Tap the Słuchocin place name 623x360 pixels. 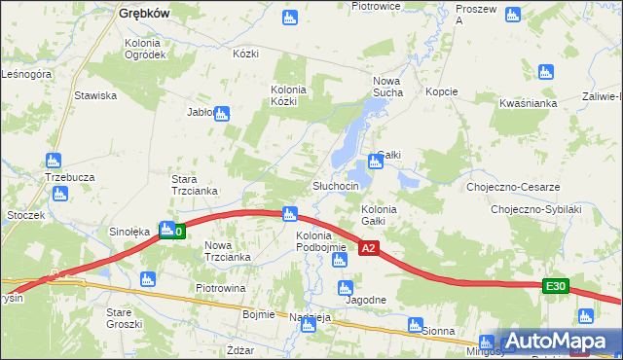pyautogui.click(x=336, y=186)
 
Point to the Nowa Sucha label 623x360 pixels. pyautogui.click(x=387, y=87)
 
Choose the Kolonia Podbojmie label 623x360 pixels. pyautogui.click(x=321, y=241)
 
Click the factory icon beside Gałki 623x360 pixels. pyautogui.click(x=376, y=161)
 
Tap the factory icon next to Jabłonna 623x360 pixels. pyautogui.click(x=222, y=114)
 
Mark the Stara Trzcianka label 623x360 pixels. pyautogui.click(x=193, y=185)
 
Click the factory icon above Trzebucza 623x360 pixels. pyautogui.click(x=54, y=161)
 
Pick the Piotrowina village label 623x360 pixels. pyautogui.click(x=220, y=289)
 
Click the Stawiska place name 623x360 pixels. pyautogui.click(x=95, y=95)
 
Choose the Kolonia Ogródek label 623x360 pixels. pyautogui.click(x=145, y=49)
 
